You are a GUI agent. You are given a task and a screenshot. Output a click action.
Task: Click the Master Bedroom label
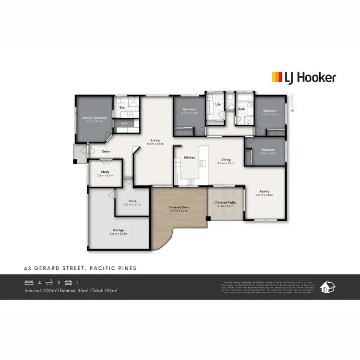click(94, 118)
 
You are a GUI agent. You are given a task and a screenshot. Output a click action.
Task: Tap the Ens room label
click(122, 108)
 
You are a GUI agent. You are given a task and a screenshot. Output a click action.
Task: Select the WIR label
click(124, 123)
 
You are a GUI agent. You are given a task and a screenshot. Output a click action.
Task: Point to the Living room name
click(155, 140)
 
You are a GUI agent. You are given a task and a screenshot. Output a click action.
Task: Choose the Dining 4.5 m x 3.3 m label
click(226, 161)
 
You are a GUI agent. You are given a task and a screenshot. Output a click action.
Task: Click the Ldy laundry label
click(218, 104)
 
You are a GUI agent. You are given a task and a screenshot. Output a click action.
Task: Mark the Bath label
click(241, 109)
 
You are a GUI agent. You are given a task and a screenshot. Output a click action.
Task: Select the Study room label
click(105, 172)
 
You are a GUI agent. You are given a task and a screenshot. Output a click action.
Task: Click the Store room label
click(132, 201)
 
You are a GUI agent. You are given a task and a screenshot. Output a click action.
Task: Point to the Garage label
click(118, 230)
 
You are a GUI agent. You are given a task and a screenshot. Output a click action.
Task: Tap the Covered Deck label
click(178, 207)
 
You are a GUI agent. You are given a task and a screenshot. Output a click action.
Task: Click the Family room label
click(264, 191)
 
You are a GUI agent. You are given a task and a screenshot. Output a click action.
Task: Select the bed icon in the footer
click(30, 283)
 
